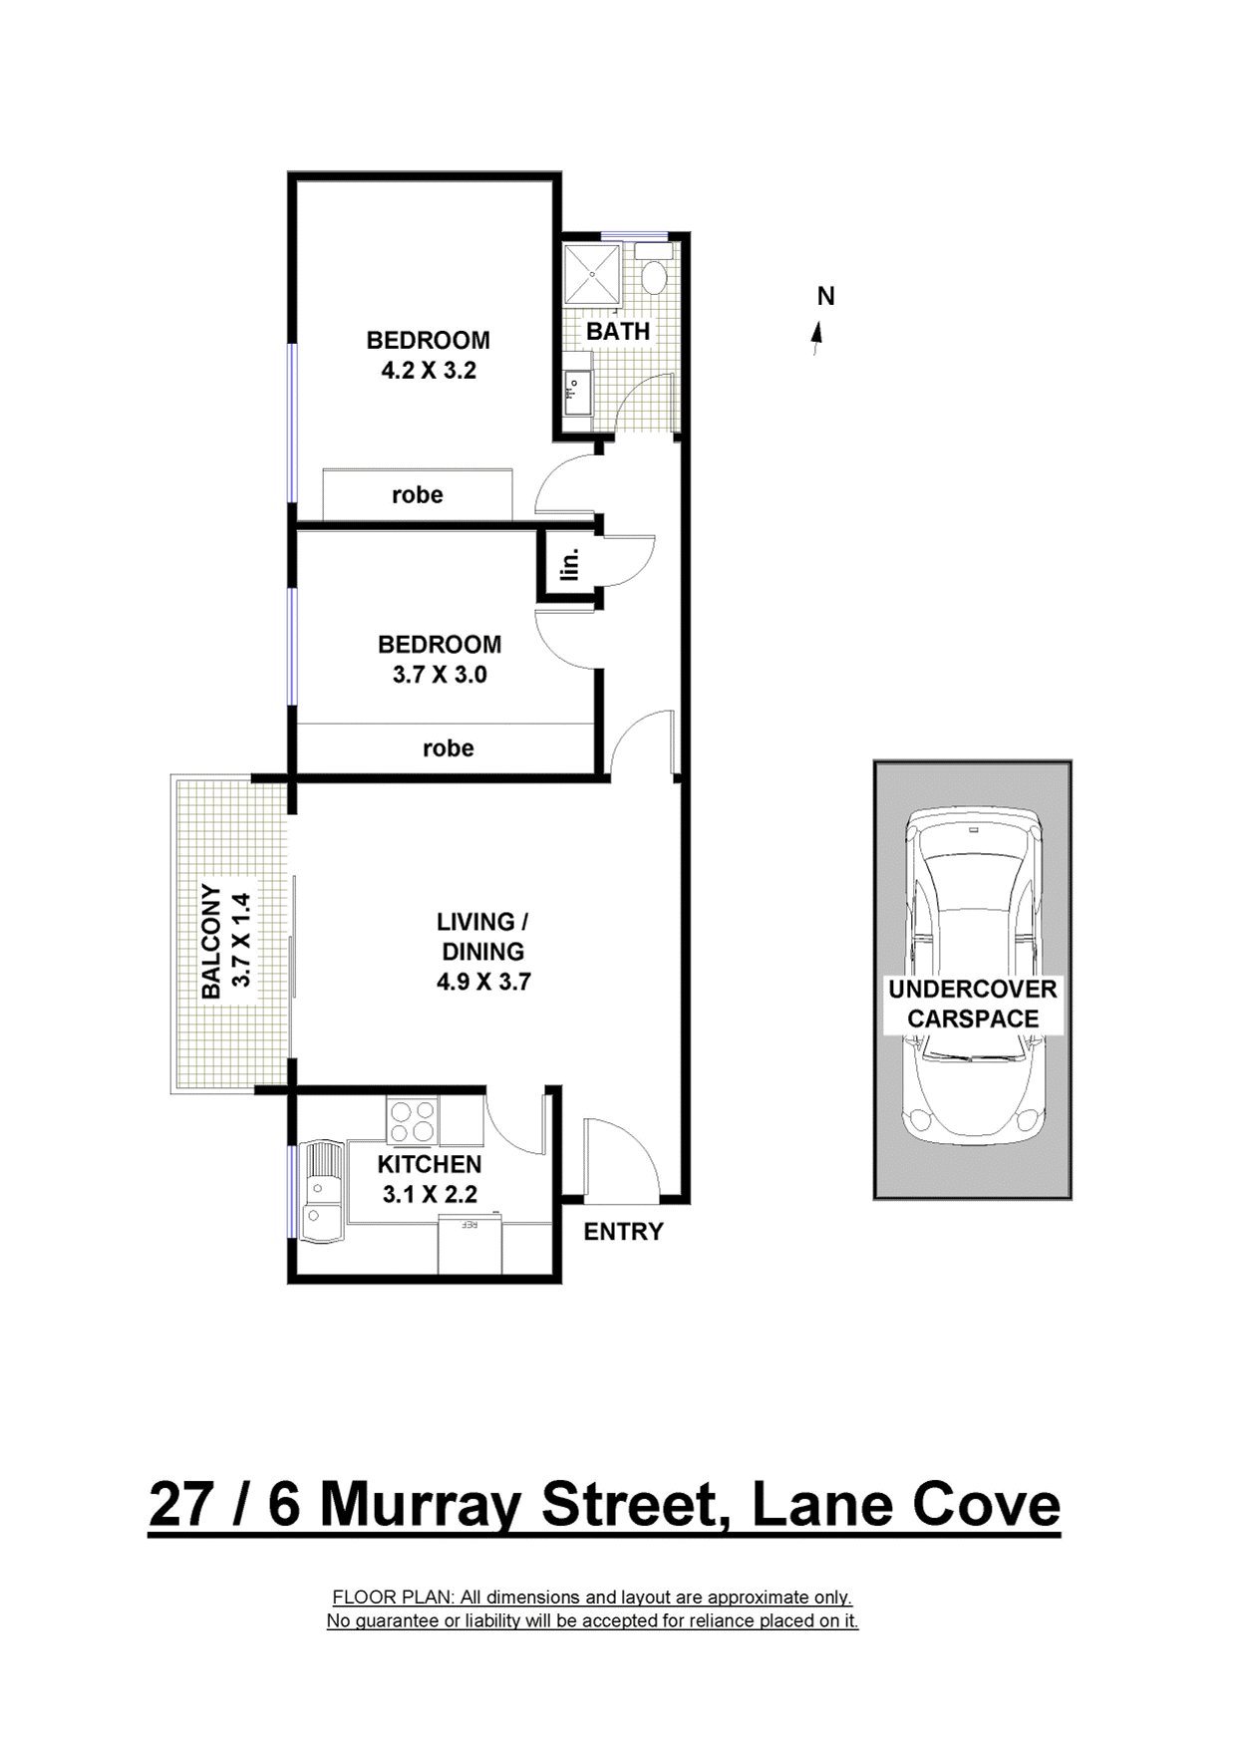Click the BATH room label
[x=618, y=331]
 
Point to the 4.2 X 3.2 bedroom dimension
[x=429, y=371]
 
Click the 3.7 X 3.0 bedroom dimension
[x=440, y=675]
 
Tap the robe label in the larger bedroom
[x=417, y=495]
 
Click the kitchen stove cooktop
[x=413, y=1120]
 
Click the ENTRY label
[x=623, y=1232]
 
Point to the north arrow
[x=817, y=338]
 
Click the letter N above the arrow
[x=825, y=296]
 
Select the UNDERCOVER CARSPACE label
[x=972, y=1004]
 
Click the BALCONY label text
[x=210, y=942]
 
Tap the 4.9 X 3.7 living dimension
[x=483, y=982]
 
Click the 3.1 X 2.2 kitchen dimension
[x=430, y=1194]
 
